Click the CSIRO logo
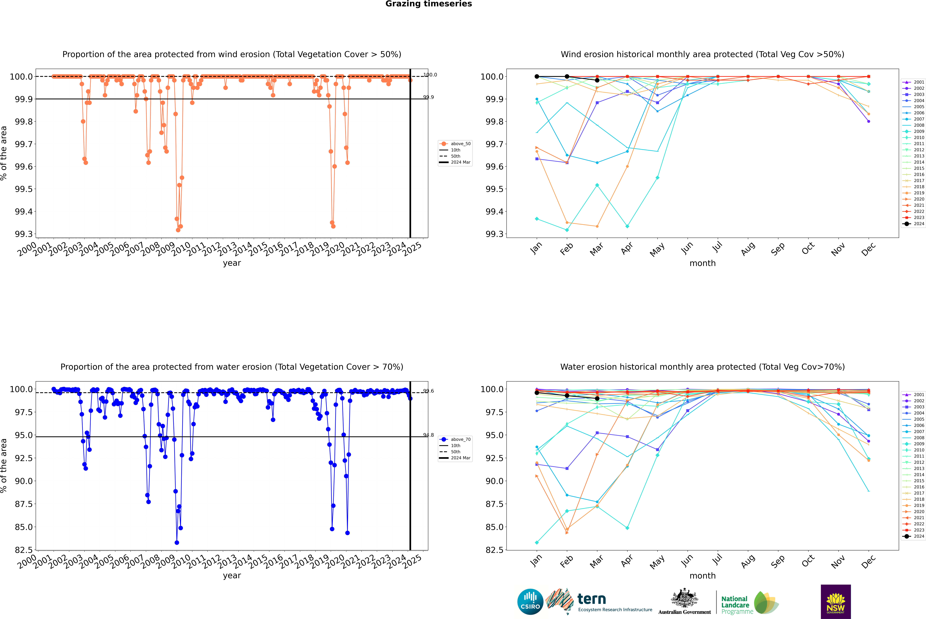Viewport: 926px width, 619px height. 530,602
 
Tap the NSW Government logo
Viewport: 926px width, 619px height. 836,602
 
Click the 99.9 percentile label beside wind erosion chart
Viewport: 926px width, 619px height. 428,97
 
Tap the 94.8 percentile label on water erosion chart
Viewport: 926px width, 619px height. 428,435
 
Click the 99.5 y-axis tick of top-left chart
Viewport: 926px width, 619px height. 24,189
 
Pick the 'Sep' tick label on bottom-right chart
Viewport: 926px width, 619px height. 778,561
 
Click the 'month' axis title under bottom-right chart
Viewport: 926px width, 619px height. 702,576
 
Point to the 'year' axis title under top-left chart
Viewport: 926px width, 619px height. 232,263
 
